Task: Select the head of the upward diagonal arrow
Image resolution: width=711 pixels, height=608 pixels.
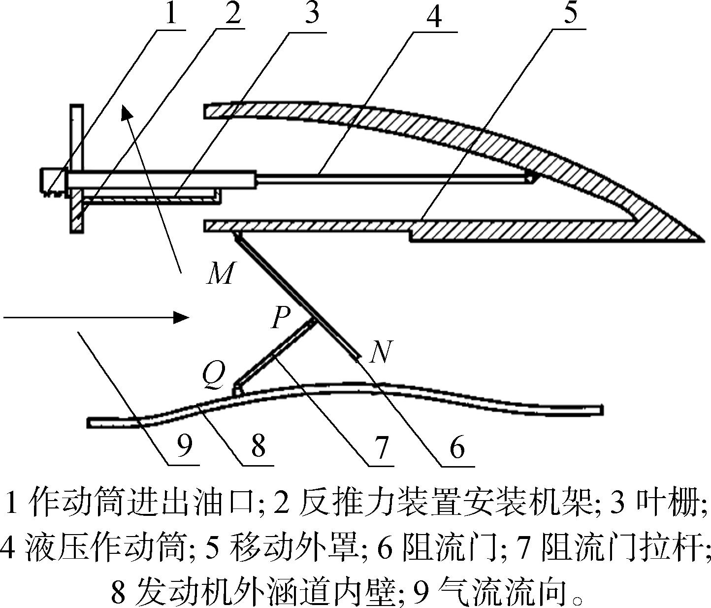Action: click(127, 112)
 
